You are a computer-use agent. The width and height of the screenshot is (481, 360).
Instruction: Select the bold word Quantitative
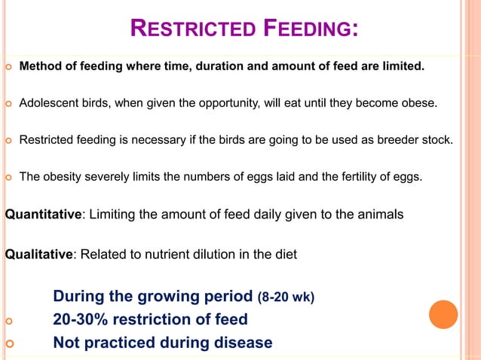[43, 215]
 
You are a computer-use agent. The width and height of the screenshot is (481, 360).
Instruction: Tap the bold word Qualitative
[38, 255]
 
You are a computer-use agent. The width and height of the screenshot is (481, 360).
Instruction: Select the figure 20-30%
[81, 319]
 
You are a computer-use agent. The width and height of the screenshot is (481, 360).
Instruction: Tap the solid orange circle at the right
[443, 314]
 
